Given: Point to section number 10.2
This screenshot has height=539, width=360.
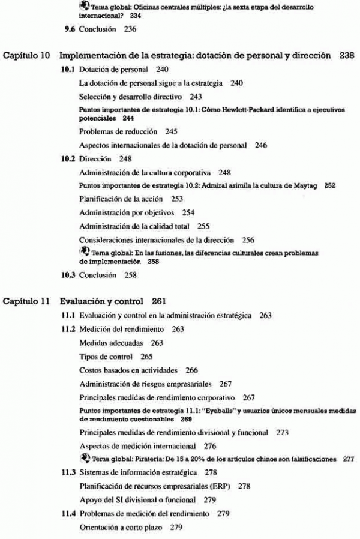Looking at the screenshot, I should coord(70,158).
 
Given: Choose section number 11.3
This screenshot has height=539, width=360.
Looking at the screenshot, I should coord(70,472).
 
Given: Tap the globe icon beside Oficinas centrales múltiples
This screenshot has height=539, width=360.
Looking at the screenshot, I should coord(83,5).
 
